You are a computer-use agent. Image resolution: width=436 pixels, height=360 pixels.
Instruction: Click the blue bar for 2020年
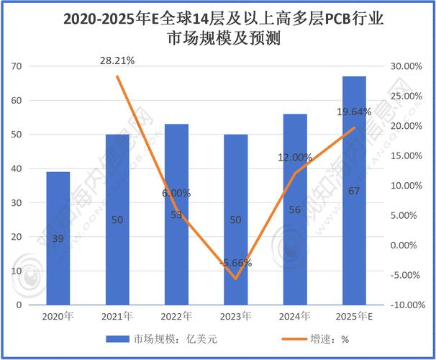[58, 238]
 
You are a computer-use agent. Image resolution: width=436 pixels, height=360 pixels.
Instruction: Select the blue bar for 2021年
[117, 219]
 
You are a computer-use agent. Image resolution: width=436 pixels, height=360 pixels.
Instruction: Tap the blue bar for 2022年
[176, 214]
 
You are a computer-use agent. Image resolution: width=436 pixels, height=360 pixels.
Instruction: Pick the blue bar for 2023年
[235, 219]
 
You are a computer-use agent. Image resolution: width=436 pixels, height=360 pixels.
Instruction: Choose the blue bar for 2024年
[294, 209]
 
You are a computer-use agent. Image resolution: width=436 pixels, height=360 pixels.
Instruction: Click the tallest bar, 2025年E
[353, 190]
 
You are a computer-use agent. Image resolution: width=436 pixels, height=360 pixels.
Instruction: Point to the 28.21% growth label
[117, 62]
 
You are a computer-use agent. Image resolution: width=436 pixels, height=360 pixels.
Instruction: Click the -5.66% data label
[235, 264]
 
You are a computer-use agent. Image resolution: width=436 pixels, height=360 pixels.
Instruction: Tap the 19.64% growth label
[353, 112]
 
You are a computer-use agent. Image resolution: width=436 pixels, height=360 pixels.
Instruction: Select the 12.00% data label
[295, 157]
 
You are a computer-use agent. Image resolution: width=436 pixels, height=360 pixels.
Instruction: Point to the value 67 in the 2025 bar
[353, 190]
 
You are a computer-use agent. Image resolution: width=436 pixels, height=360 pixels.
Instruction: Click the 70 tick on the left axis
[17, 66]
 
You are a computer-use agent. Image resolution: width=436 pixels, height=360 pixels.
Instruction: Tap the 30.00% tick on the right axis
[405, 66]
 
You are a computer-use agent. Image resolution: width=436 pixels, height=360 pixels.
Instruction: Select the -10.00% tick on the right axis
[404, 305]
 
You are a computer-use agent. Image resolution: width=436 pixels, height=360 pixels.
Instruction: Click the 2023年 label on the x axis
[235, 317]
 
